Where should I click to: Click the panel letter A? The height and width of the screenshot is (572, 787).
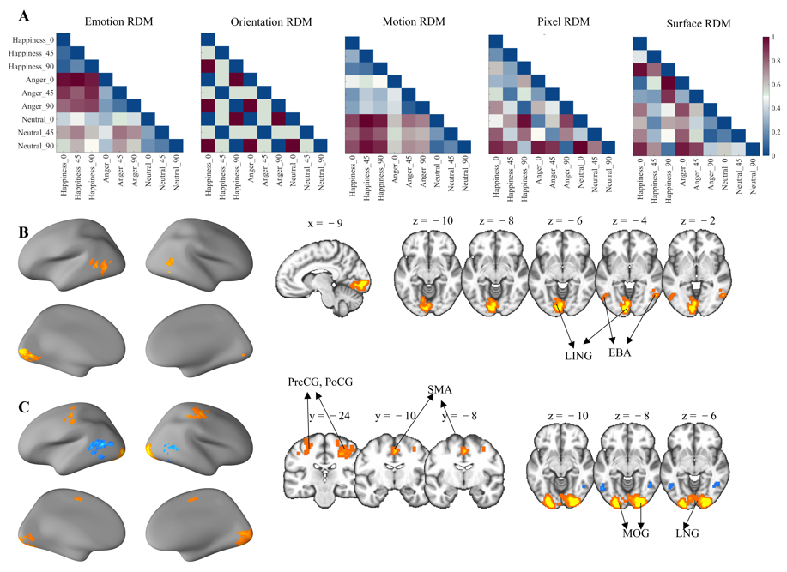(x=25, y=14)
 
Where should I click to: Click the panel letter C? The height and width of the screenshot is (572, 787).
(x=25, y=406)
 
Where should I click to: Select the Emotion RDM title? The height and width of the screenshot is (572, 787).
(x=118, y=23)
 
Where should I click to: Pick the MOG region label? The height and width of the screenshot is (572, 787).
(x=635, y=533)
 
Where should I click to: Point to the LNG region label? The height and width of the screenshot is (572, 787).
(x=687, y=533)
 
